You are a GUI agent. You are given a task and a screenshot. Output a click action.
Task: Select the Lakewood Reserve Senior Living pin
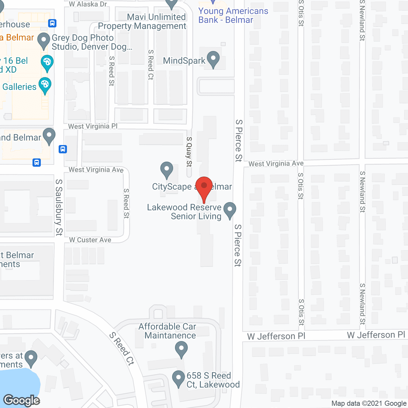[x=229, y=210]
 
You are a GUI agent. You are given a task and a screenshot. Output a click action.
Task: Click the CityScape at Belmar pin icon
[x=166, y=170]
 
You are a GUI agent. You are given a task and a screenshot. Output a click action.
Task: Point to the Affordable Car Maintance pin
[x=181, y=349]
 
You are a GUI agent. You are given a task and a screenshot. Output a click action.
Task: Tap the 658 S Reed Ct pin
[x=178, y=378]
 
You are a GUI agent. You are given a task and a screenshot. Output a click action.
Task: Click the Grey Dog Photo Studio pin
[x=44, y=41]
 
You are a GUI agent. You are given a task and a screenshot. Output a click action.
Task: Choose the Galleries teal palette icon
[x=45, y=85]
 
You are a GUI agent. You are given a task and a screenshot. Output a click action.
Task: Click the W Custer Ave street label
[x=90, y=240]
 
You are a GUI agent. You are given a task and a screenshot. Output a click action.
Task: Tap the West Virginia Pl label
[x=93, y=126]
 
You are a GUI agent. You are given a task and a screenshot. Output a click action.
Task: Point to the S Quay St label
[x=189, y=152]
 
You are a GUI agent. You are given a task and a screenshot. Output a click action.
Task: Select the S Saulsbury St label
[x=59, y=207]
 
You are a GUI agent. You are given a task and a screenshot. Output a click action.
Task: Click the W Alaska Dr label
[x=88, y=4]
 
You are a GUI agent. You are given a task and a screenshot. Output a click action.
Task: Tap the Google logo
[x=22, y=400]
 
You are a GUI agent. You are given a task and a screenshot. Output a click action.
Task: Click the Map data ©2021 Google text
[x=369, y=404]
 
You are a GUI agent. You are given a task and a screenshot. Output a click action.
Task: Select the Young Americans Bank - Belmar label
[x=233, y=15]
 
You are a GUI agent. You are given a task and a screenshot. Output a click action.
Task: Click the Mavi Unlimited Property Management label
[x=142, y=21]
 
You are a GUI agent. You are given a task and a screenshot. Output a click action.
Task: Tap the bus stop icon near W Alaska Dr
[x=52, y=23]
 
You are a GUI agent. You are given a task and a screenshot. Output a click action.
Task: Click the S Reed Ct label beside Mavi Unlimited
[x=151, y=65]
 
